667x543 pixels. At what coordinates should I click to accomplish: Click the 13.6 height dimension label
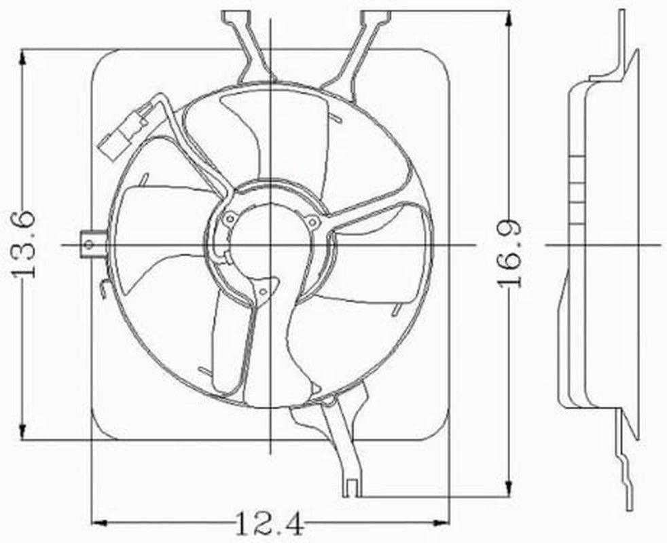click(24, 244)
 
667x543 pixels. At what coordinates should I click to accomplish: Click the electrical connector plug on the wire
click(125, 129)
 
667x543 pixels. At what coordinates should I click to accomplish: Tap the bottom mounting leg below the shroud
click(343, 448)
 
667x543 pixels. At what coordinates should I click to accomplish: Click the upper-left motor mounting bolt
click(230, 218)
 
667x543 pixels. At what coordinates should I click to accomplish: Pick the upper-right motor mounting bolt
click(312, 221)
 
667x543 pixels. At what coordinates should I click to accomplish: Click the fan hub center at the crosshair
click(271, 244)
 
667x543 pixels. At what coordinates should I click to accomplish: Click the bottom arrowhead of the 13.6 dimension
click(24, 432)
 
